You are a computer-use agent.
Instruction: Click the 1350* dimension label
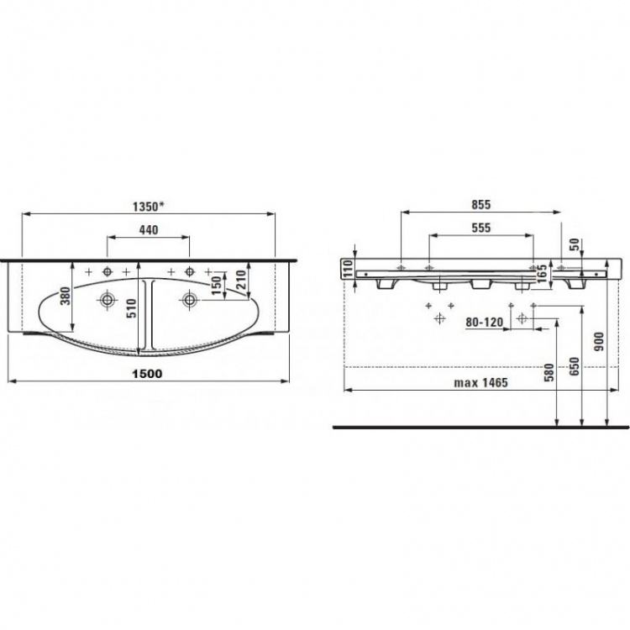coord(149,207)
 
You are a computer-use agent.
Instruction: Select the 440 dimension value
coord(148,230)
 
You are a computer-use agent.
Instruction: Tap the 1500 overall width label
coord(148,374)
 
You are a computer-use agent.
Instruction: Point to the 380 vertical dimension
coord(66,296)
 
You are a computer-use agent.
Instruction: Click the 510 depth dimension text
coord(132,308)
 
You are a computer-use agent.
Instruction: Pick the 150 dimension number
coord(217,286)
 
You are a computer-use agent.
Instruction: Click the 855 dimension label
coord(481,204)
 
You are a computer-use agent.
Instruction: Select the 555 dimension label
coord(481,228)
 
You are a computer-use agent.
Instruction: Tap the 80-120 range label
coord(484,323)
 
